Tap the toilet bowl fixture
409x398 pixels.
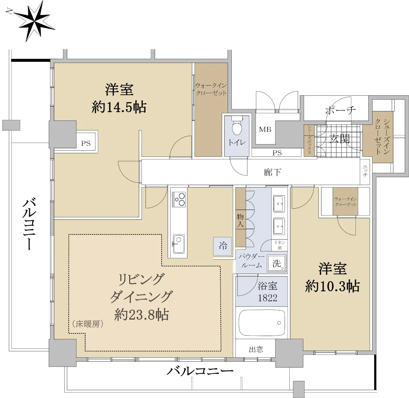(x=238, y=126)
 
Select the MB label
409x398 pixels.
(x=265, y=129)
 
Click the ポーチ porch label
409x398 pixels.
(x=340, y=110)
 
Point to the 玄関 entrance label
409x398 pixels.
(x=339, y=139)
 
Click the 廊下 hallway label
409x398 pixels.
(x=272, y=172)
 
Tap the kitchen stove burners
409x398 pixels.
(x=179, y=199)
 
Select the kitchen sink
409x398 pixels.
(x=179, y=244)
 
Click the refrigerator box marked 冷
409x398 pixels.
(x=223, y=246)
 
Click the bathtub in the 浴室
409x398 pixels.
(x=261, y=323)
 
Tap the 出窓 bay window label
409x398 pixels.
(x=256, y=350)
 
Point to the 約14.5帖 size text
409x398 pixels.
(x=119, y=107)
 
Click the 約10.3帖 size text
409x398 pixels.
(x=332, y=286)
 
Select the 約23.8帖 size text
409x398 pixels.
(x=141, y=315)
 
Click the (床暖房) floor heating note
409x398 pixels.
(x=88, y=324)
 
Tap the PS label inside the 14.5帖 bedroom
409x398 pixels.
(x=86, y=143)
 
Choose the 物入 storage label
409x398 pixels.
(x=240, y=220)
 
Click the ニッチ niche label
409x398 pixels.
(x=365, y=171)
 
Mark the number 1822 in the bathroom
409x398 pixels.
(x=268, y=298)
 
